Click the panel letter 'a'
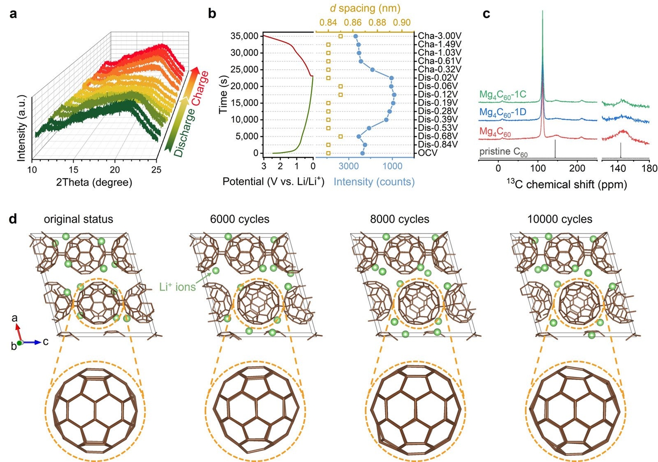(14, 14)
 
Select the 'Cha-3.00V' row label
(439, 36)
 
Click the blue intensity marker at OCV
(362, 153)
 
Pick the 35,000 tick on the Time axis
(241, 36)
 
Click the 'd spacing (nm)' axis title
(365, 8)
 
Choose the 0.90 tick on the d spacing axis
(402, 22)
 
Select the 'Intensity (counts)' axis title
(374, 182)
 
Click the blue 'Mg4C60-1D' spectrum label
(503, 113)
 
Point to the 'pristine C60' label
(504, 152)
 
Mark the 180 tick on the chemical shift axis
(649, 169)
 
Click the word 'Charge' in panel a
(200, 88)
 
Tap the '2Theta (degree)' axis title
(94, 182)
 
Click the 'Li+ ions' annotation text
(177, 287)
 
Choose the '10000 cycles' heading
(560, 219)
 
